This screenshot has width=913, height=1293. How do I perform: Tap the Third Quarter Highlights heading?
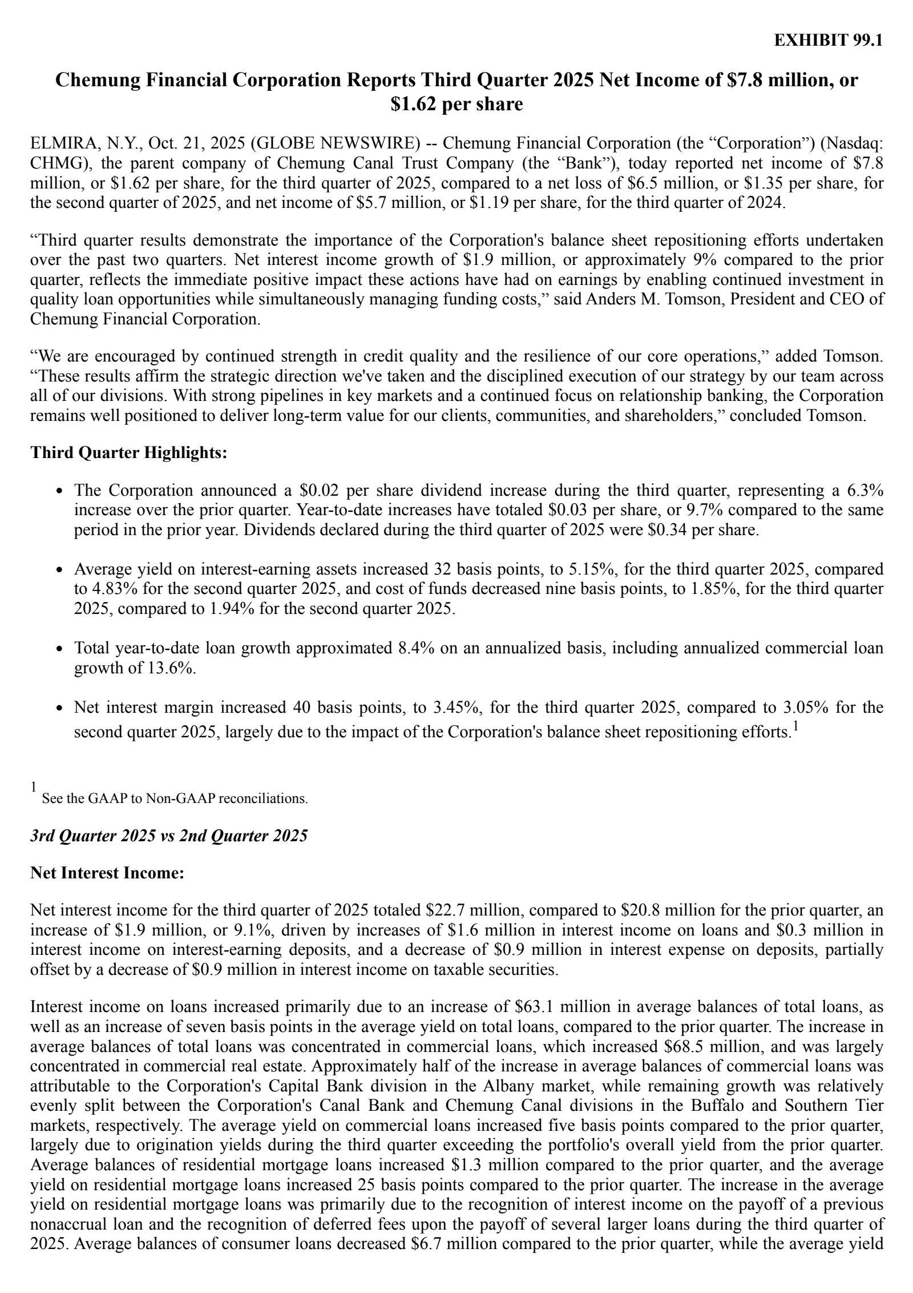click(x=129, y=452)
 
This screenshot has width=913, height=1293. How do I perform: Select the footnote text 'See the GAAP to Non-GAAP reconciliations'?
click(x=175, y=798)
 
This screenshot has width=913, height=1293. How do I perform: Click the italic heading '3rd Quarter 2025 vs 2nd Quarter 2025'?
click(x=169, y=836)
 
